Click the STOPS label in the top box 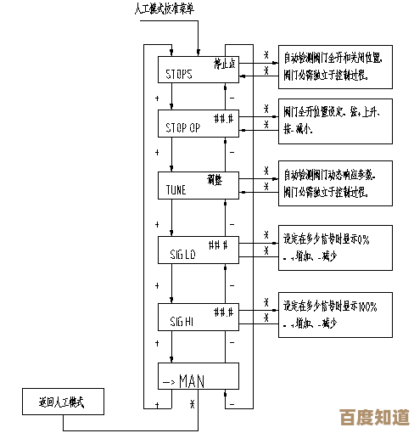pyautogui.click(x=178, y=74)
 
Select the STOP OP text pyautogui.click(x=182, y=128)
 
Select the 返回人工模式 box pyautogui.click(x=64, y=402)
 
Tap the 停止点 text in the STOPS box pyautogui.click(x=224, y=64)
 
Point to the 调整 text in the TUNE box pyautogui.click(x=215, y=179)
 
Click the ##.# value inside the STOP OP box pyautogui.click(x=223, y=117)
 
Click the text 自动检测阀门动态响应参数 pyautogui.click(x=329, y=174)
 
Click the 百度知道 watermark pyautogui.click(x=374, y=417)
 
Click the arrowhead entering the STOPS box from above pyautogui.click(x=199, y=53)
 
